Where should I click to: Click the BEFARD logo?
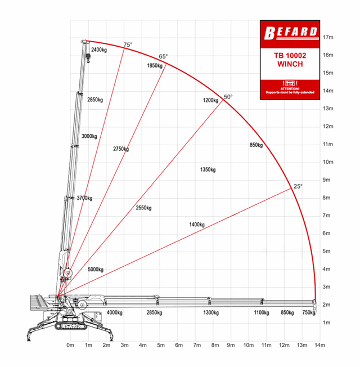[x=291, y=33]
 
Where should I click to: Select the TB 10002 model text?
[x=290, y=56]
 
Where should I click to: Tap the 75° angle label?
[x=128, y=44]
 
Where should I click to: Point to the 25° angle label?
[x=298, y=186]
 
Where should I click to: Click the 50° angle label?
[x=228, y=97]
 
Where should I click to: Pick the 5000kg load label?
[x=96, y=270]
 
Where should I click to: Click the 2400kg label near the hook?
[x=99, y=50]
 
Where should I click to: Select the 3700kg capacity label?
[x=84, y=198]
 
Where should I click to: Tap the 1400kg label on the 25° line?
[x=197, y=225]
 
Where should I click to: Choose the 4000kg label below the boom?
[x=114, y=312]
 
